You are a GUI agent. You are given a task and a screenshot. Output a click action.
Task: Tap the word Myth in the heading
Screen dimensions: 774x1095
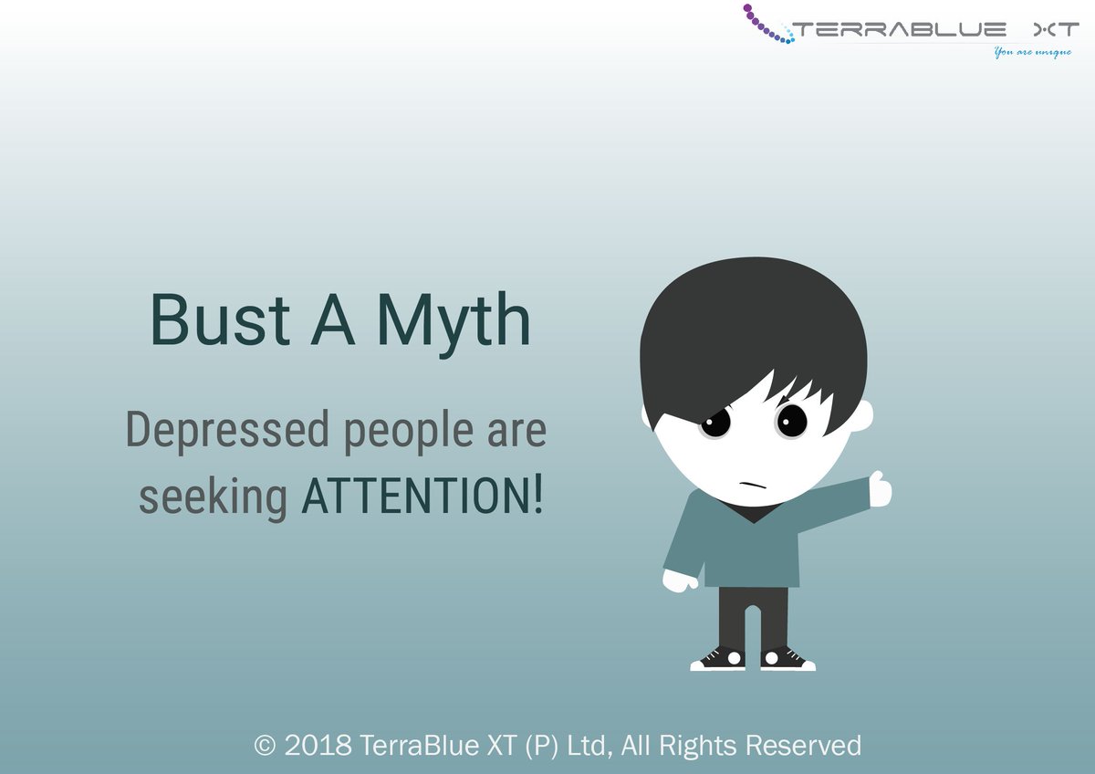tap(454, 320)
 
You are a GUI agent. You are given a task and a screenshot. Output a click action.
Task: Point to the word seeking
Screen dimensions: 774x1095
tap(212, 498)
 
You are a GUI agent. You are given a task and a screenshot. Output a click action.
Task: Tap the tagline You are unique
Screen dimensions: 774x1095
tap(1032, 52)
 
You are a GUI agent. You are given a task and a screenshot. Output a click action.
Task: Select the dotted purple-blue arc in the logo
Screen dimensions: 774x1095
tap(765, 25)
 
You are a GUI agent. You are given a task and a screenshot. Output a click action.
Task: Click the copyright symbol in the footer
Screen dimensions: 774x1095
tap(265, 746)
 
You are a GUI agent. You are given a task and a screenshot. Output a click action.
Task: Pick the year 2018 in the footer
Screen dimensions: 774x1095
tap(318, 746)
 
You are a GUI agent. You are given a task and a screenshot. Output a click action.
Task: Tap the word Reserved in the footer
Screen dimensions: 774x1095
tap(802, 746)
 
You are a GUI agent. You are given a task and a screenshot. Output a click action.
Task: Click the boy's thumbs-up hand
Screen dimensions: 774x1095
tap(880, 489)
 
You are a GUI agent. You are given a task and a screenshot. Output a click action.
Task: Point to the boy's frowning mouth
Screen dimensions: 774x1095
tap(752, 482)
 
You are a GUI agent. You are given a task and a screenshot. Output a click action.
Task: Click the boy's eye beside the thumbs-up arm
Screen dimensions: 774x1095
tap(791, 420)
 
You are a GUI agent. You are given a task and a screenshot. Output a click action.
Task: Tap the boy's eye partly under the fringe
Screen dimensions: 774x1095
tap(716, 423)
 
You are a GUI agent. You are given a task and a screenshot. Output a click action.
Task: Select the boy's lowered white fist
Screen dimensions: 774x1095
tap(679, 580)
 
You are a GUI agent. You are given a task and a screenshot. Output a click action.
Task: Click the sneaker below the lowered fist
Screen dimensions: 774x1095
tap(717, 659)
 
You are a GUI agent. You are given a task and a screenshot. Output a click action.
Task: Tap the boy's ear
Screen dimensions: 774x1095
tap(862, 415)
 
